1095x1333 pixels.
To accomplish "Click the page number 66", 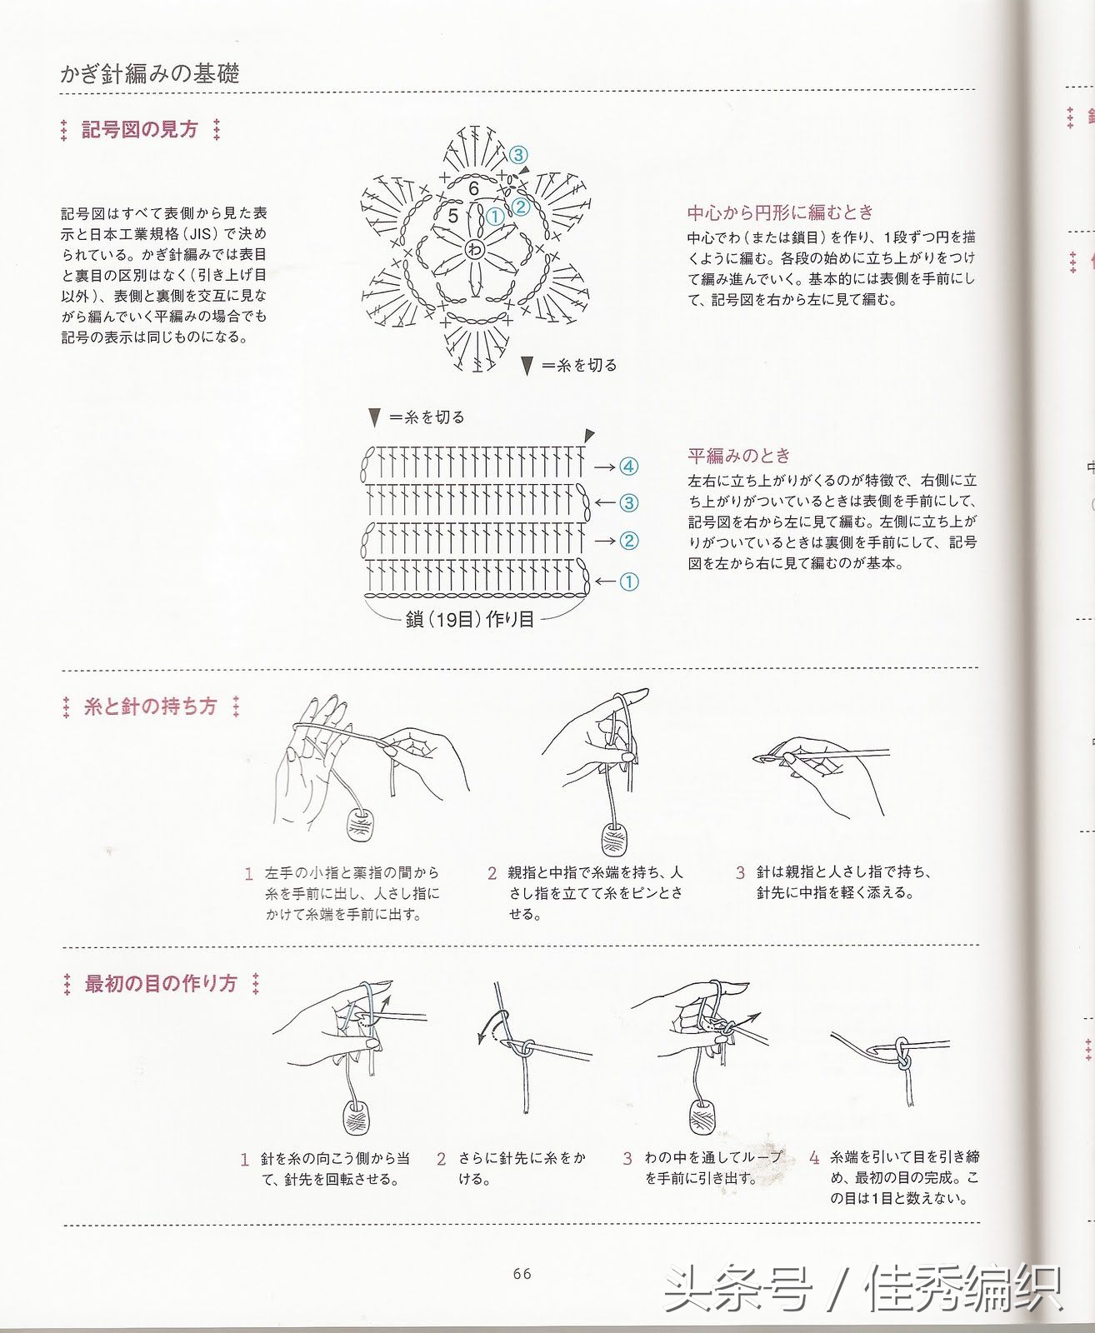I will tap(522, 1273).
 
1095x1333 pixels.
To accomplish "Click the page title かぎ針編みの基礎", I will tap(150, 73).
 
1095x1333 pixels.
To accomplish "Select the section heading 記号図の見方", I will tap(140, 130).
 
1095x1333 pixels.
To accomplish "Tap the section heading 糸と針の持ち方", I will tap(150, 706).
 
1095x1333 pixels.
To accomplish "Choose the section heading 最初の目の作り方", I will tap(161, 983).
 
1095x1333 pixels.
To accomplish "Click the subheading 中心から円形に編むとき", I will tap(780, 212).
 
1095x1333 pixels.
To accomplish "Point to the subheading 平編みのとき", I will tap(739, 456).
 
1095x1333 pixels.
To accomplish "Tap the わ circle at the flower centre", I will tap(475, 247).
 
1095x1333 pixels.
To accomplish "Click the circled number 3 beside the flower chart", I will tap(517, 155).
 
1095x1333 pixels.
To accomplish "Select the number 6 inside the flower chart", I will tap(473, 188).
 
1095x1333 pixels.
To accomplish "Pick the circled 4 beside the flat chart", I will tap(628, 467).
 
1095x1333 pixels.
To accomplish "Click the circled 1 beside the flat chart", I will tap(628, 582).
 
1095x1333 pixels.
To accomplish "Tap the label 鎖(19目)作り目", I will tap(469, 620).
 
